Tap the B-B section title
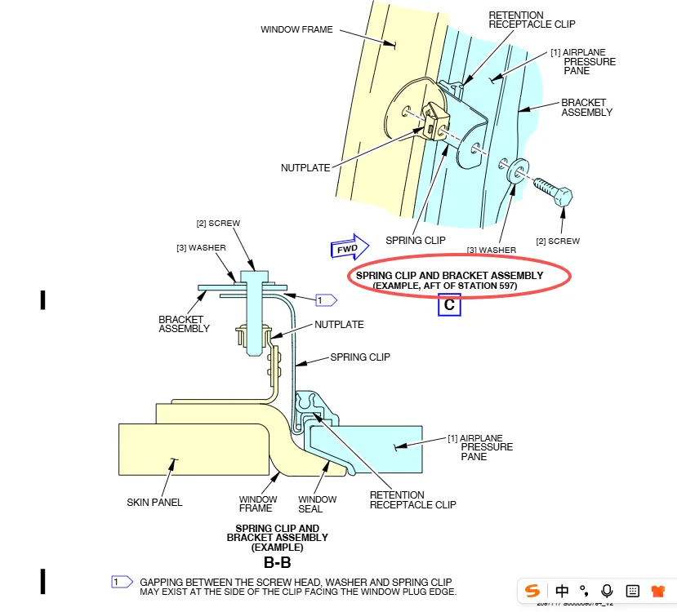[x=277, y=562]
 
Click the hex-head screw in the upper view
[x=555, y=193]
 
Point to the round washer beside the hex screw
[x=515, y=171]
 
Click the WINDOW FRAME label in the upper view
[x=296, y=30]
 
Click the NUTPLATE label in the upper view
[x=305, y=168]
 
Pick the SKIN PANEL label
[x=154, y=503]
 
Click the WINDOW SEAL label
[x=317, y=504]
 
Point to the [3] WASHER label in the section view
[x=201, y=247]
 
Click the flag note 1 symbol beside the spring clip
[x=327, y=300]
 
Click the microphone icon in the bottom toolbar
[x=607, y=590]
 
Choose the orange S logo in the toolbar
[x=532, y=590]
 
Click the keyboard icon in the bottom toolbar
[x=632, y=590]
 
